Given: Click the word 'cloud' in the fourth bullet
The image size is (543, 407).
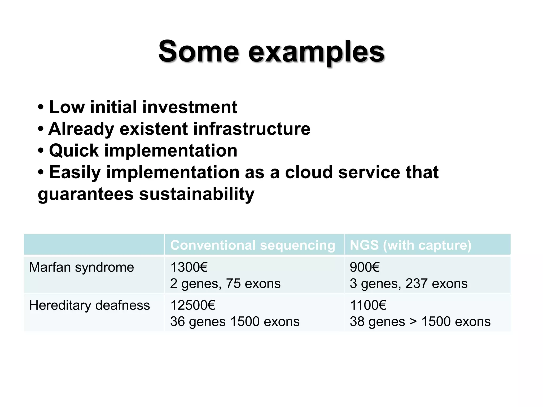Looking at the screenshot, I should pos(309,172).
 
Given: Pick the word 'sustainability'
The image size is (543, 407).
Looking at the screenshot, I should pos(196,194).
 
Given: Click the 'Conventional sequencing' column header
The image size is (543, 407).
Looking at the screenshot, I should pos(252,245).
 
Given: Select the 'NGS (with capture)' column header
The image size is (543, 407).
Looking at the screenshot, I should pos(410,245).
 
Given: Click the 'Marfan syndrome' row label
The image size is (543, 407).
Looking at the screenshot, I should pos(81,267).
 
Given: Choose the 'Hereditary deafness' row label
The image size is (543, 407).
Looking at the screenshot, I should pos(89,305).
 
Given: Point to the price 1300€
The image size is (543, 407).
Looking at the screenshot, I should pos(189,267).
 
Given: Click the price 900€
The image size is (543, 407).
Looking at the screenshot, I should pos(365,267).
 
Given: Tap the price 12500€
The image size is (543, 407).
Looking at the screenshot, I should pos(192,305).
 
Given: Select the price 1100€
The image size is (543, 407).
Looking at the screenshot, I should pos(368,305).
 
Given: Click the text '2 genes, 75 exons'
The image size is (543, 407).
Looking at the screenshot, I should pos(225,284).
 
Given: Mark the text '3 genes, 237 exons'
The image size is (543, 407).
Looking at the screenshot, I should pos(408,284).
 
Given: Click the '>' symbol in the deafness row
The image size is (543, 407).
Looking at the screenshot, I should pos(413,322).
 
